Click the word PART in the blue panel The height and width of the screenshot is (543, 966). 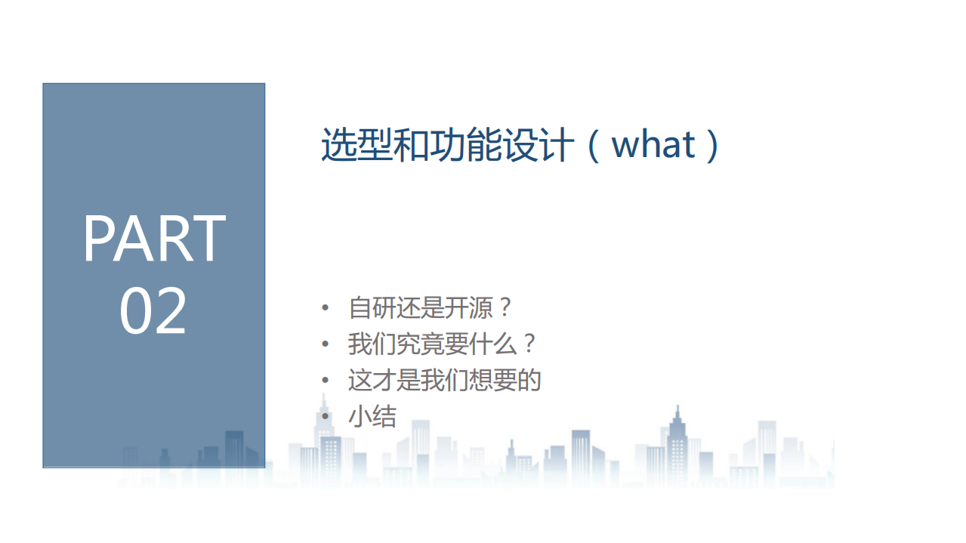154,239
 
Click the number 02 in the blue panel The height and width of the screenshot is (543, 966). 153,311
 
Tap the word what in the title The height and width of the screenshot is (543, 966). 653,144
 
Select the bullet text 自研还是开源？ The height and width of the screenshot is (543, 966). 431,308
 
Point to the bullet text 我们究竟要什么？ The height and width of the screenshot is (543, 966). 443,344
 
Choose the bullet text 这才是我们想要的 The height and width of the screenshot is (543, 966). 445,380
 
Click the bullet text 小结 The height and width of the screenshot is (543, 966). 372,416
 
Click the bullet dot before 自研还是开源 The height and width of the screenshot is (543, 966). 325,308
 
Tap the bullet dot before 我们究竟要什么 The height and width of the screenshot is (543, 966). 325,344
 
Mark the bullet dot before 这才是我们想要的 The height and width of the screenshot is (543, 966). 325,380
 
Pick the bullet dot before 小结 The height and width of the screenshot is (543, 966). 325,416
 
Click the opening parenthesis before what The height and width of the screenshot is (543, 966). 594,144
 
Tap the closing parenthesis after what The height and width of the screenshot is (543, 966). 711,144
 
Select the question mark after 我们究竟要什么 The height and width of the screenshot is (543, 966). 529,344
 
